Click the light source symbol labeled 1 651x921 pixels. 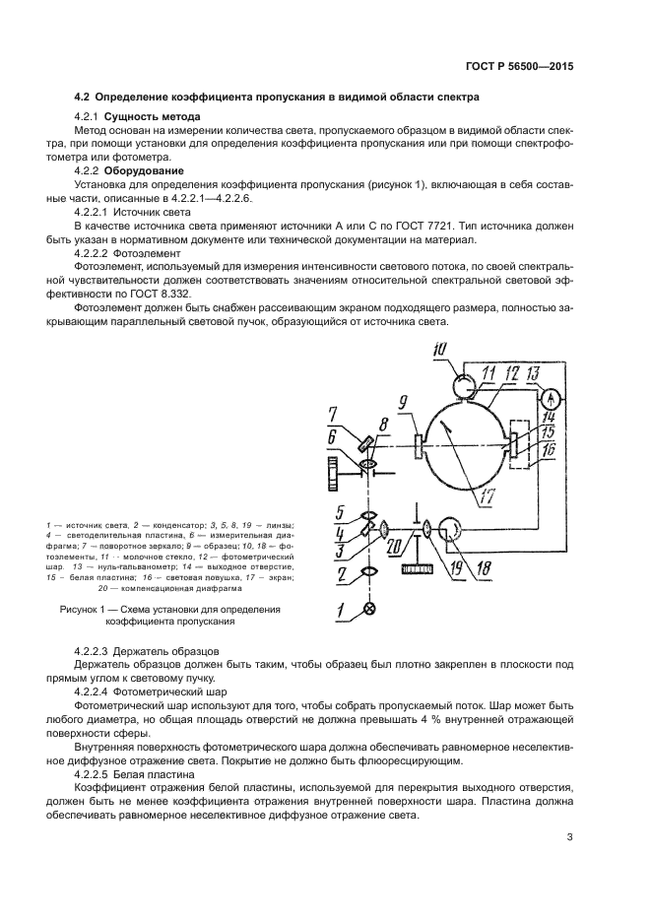point(370,610)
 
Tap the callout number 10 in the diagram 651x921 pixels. point(439,348)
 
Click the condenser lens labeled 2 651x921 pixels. point(370,570)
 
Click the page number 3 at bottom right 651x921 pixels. point(570,838)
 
